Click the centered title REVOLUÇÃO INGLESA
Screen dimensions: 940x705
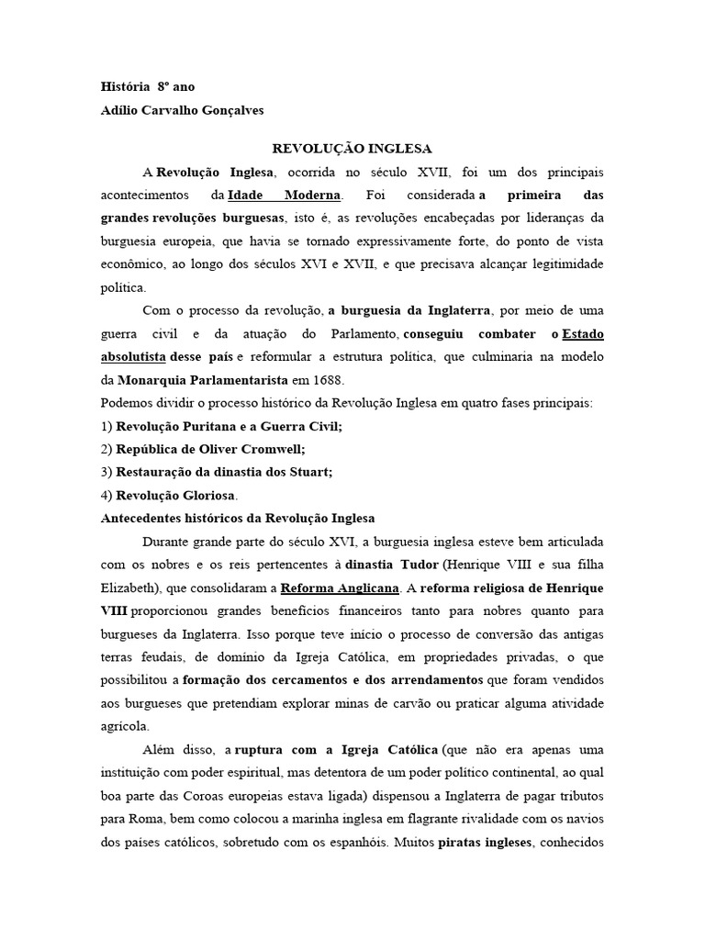coord(352,148)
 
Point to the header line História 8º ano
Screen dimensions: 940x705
coord(147,86)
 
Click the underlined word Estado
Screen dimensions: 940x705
coord(583,334)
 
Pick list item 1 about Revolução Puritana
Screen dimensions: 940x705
coord(221,427)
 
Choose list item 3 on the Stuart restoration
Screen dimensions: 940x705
coord(217,473)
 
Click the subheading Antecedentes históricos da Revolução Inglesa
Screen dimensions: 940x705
coord(237,519)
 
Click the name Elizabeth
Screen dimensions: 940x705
coord(126,587)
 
